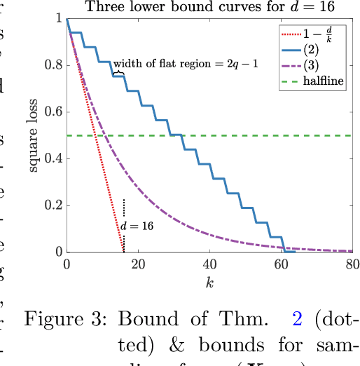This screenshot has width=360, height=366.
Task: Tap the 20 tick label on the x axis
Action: [x=138, y=264]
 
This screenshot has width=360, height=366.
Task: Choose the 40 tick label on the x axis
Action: [x=209, y=264]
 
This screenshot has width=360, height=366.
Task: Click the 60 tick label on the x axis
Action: [x=281, y=264]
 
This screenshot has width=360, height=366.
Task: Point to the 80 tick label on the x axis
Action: [x=352, y=264]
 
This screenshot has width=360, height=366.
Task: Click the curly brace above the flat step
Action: [x=120, y=71]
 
